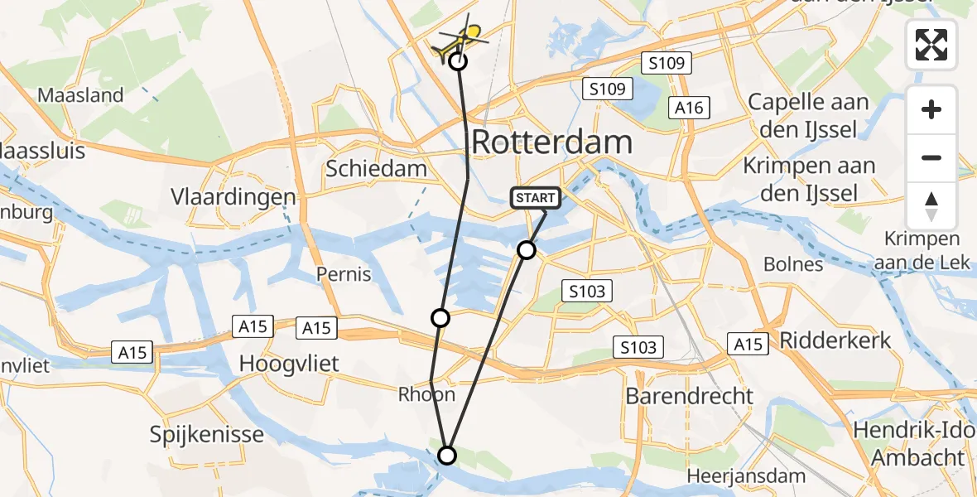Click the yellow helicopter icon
coord(463,37)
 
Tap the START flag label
coord(536,198)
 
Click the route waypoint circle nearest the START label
coord(527,249)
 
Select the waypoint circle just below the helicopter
coord(458,60)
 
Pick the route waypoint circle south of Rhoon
coord(447,455)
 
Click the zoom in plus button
coord(931,109)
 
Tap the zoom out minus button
coord(931,157)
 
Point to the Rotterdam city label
coord(552,142)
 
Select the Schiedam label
coord(377,169)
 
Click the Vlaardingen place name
coord(233,197)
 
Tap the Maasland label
coord(80,95)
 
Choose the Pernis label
coord(343,273)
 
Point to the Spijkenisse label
coord(208,434)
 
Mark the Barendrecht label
coord(690,395)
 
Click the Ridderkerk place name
coord(835,340)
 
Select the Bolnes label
coord(794,265)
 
